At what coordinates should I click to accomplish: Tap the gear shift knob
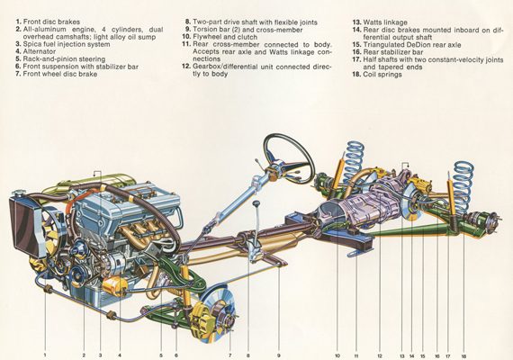coord(256,204)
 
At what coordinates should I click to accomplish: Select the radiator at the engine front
coord(23,221)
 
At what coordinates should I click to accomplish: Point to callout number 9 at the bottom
coord(279,355)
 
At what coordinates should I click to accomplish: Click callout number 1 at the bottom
coord(45,355)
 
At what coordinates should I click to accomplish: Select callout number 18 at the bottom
coord(463,356)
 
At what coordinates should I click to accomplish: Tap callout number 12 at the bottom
coord(380,355)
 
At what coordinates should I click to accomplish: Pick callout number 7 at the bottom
coord(230,355)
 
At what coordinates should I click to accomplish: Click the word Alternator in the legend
coord(40,51)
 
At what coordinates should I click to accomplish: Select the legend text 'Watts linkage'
coord(385,22)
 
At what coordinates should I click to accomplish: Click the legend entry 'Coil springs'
coord(382,75)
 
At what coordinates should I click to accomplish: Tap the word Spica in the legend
coord(31,44)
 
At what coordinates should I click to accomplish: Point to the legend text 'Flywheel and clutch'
coord(225,37)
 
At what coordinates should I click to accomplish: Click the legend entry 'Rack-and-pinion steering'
coord(64,59)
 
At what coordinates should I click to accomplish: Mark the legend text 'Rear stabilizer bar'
coord(393,52)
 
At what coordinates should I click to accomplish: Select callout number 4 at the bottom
coord(120,355)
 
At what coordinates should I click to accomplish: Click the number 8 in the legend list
coord(187,22)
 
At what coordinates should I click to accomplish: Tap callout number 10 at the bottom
coord(337,355)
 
